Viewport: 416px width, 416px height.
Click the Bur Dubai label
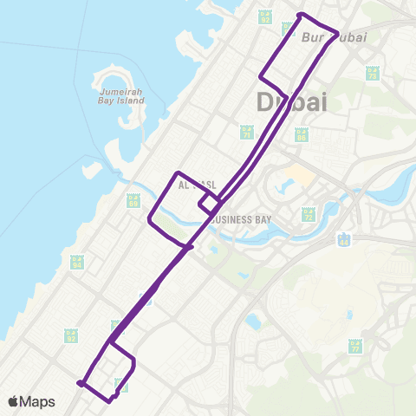click(x=335, y=38)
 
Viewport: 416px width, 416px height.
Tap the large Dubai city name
click(x=293, y=102)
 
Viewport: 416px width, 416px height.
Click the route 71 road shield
click(x=246, y=132)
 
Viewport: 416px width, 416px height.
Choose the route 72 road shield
click(x=308, y=213)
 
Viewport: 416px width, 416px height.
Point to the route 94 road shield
click(x=78, y=261)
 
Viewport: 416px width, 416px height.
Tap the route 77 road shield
click(x=355, y=346)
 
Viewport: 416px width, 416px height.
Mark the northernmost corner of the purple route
click(x=300, y=15)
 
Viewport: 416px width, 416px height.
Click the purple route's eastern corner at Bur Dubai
click(x=336, y=32)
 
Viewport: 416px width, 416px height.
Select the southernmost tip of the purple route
click(x=109, y=401)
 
